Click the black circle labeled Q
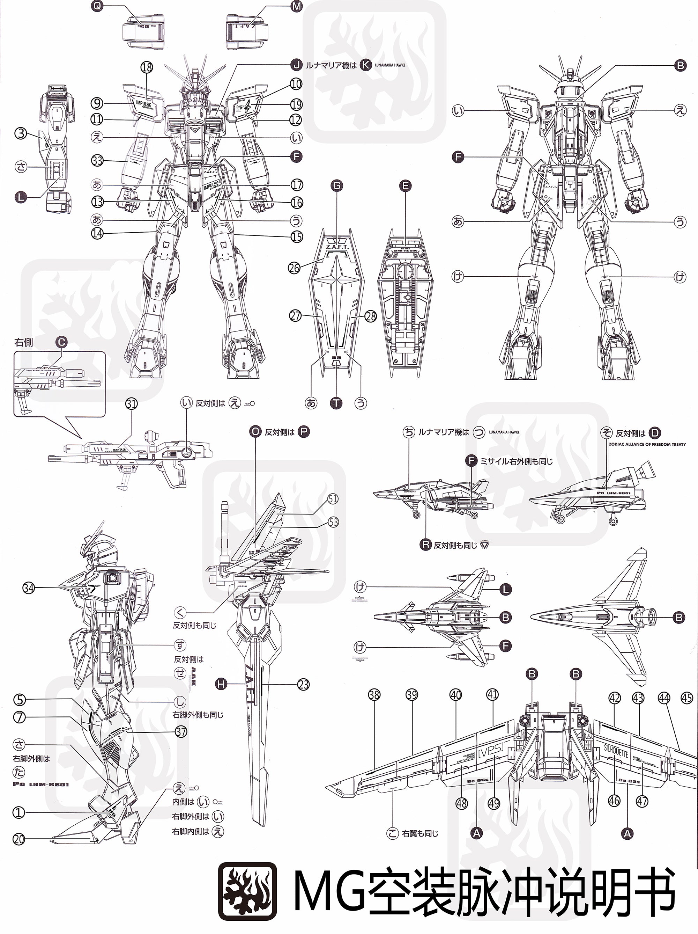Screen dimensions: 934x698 (97, 6)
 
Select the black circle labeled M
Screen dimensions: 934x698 (296, 6)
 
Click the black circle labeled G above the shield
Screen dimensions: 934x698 (336, 186)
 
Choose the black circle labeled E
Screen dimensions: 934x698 (405, 186)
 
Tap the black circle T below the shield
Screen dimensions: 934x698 (336, 403)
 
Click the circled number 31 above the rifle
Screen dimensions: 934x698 (131, 404)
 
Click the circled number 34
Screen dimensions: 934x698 (28, 588)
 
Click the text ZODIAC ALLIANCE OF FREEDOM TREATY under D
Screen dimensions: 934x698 (647, 444)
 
